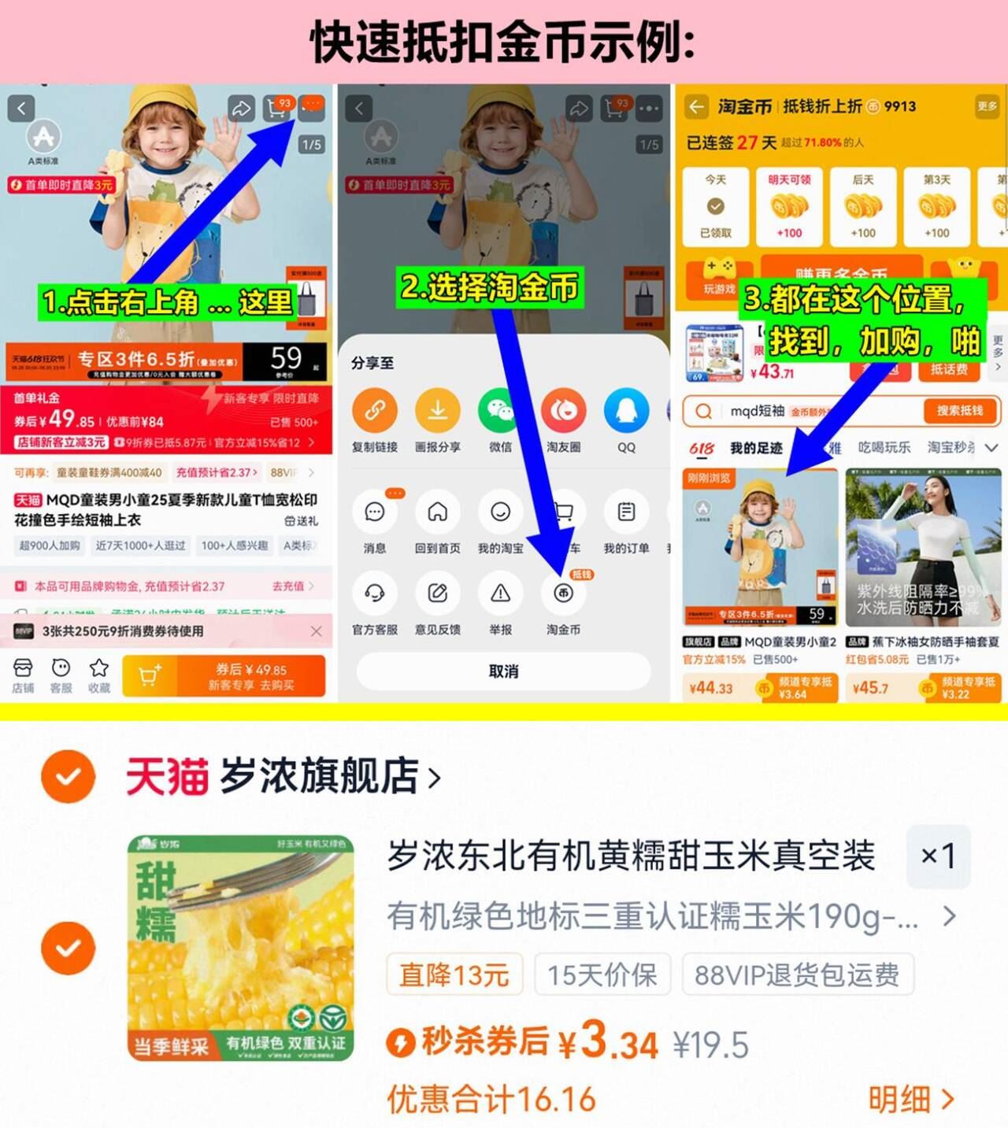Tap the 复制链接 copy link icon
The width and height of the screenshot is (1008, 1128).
pos(374,411)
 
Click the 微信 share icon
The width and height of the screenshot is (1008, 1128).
pos(500,411)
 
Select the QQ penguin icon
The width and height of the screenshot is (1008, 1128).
pos(626,411)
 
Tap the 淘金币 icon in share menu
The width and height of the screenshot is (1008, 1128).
pos(563,594)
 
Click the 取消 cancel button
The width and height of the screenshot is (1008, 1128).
pos(503,671)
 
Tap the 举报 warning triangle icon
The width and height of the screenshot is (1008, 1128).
pos(500,594)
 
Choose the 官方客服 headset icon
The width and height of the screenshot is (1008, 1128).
pos(374,594)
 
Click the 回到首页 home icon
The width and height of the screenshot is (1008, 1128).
pos(437,512)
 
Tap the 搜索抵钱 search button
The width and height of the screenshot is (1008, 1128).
pos(959,411)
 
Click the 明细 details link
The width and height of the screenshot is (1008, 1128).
pos(910,1100)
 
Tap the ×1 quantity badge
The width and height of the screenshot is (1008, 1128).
pos(938,856)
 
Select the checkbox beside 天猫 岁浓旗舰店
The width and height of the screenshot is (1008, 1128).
pos(69,776)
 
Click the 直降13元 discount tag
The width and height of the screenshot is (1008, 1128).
pos(454,975)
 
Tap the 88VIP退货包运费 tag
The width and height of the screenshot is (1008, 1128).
pos(797,975)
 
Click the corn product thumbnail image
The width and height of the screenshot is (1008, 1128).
pos(240,948)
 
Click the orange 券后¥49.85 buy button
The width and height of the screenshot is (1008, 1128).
pos(251,675)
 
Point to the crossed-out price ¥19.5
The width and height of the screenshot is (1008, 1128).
pos(710,1045)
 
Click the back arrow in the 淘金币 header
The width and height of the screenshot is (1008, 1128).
pos(696,106)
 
